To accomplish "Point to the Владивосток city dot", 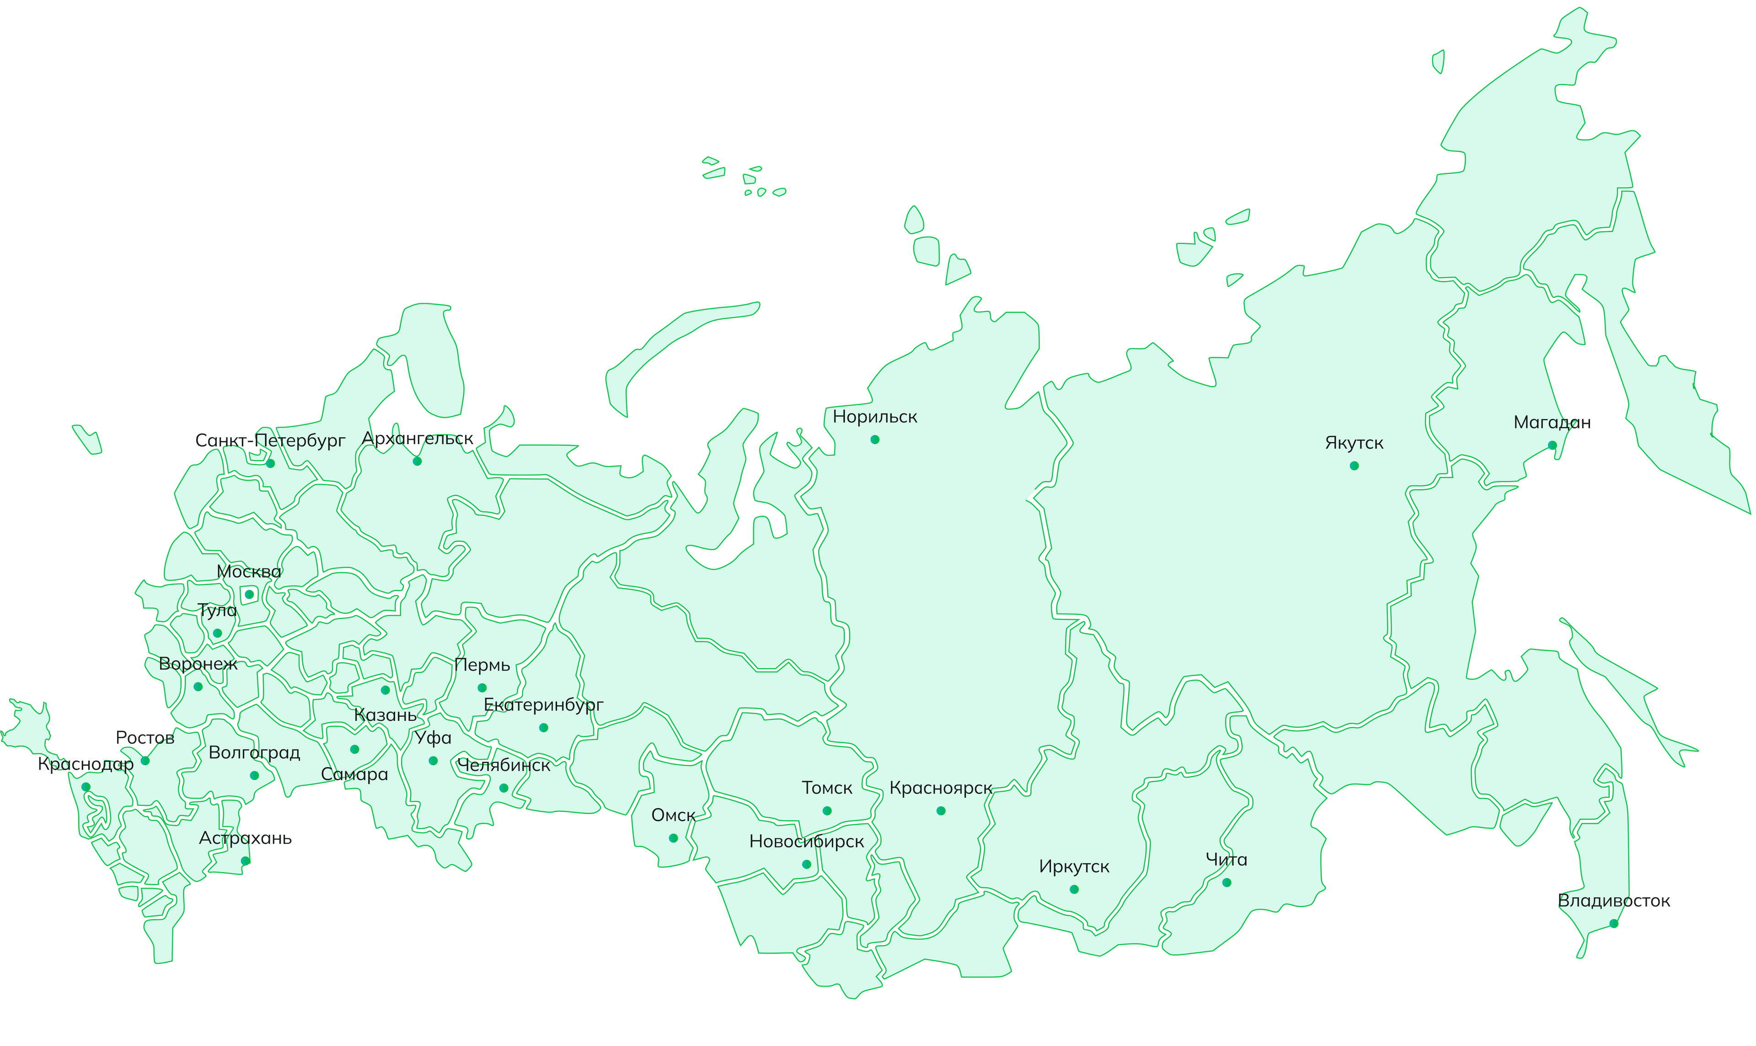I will (1614, 923).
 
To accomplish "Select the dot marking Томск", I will (827, 810).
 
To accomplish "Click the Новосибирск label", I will (806, 841).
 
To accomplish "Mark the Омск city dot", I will (674, 838).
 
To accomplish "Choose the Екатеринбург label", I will (543, 705).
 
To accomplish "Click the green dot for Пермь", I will (482, 688).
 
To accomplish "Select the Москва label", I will (249, 572).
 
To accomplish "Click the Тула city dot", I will (217, 633).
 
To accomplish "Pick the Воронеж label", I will (198, 663).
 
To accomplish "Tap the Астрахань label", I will (245, 838).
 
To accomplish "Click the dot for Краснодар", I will (86, 787).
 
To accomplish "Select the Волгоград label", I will (254, 753).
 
